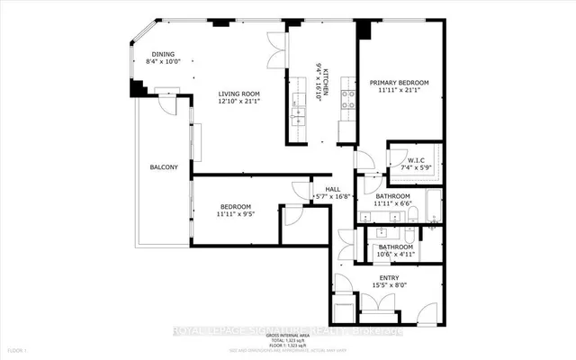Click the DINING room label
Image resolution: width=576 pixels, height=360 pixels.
pos(163,53)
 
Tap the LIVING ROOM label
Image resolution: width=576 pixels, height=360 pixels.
pos(239,94)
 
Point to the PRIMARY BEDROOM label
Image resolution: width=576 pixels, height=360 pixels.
pos(399,83)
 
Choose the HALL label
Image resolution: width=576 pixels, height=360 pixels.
pos(331,188)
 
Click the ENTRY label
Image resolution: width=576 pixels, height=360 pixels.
pos(389,277)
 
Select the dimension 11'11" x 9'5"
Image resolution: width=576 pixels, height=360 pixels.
pos(238,214)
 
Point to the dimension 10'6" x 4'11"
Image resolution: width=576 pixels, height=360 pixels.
pos(395,255)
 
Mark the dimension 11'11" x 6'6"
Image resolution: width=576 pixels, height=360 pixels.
pos(392,204)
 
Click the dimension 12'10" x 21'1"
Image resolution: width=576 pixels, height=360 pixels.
pos(239,102)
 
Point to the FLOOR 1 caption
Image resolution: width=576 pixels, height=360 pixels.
pos(18,349)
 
